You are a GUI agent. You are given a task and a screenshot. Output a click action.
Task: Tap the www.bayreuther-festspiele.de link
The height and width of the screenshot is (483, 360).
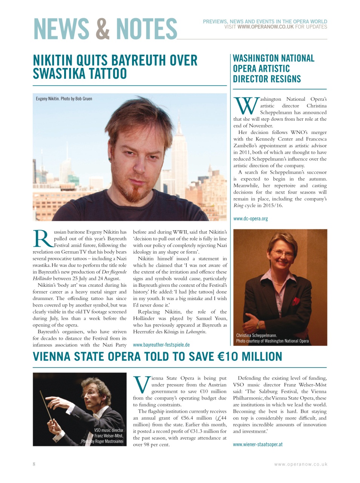point(161,345)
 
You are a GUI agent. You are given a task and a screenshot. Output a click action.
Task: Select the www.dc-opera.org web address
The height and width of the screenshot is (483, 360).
point(251,218)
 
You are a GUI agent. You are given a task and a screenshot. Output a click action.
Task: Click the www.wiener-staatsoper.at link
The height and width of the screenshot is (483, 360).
point(258,444)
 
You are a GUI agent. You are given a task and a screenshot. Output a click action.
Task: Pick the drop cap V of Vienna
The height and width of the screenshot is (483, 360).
point(142,385)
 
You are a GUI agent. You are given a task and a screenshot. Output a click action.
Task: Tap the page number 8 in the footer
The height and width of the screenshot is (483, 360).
point(34,464)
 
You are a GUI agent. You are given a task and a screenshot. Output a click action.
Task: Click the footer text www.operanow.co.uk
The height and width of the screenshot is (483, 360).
point(301,465)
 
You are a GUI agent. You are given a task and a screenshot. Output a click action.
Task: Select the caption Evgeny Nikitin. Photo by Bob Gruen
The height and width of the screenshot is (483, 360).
point(64,99)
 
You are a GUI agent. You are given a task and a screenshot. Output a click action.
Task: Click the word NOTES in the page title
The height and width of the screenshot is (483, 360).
point(146,29)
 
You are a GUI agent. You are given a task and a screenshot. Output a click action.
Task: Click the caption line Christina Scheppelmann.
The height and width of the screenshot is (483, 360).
point(257,335)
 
